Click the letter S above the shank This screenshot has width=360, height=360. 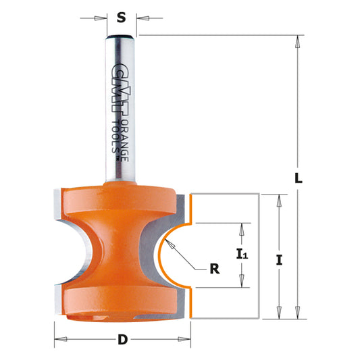121,19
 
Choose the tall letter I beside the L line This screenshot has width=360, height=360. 278,257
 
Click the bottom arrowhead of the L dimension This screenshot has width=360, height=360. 296,312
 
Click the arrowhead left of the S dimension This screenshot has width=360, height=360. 102,19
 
